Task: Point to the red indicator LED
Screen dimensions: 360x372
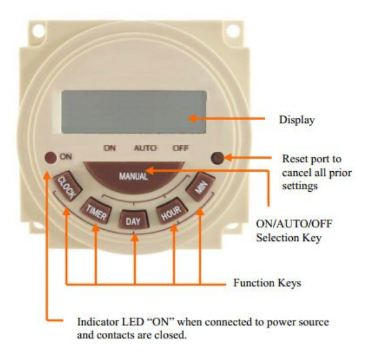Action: coord(50,157)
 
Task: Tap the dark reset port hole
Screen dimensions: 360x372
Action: coord(217,157)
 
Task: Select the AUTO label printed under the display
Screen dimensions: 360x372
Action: coord(144,149)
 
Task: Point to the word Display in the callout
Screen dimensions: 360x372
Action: coord(296,120)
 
